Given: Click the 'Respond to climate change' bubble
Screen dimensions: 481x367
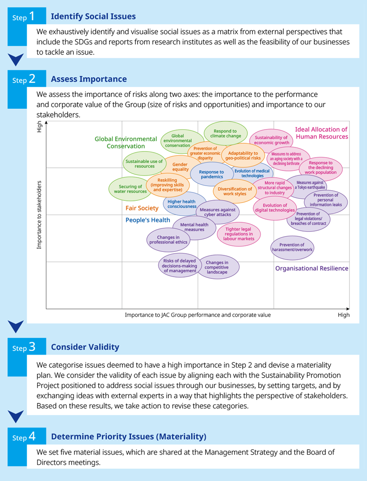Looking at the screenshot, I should pyautogui.click(x=225, y=133).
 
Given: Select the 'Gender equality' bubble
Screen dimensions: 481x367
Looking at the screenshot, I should pyautogui.click(x=180, y=167).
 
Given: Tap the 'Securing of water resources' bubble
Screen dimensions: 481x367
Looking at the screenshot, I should pyautogui.click(x=130, y=189).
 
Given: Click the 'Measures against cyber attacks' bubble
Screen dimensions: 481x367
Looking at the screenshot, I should pyautogui.click(x=217, y=212).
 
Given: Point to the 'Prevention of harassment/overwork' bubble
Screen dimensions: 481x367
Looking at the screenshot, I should pyautogui.click(x=292, y=248).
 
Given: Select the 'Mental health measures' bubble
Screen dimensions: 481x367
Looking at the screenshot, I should pyautogui.click(x=195, y=227).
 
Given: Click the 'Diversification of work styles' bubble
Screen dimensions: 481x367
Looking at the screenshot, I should pyautogui.click(x=235, y=191).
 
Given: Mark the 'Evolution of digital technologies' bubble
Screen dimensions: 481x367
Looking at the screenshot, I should pyautogui.click(x=275, y=208).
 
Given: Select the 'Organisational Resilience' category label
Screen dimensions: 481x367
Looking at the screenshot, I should pyautogui.click(x=311, y=268).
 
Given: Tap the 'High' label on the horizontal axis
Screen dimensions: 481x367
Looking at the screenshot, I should pyautogui.click(x=344, y=315).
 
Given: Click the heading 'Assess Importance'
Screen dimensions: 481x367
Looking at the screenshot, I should pyautogui.click(x=89, y=79).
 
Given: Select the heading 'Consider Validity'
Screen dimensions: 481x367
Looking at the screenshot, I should pyautogui.click(x=85, y=347).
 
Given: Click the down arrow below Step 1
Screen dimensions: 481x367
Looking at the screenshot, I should pyautogui.click(x=16, y=59).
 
